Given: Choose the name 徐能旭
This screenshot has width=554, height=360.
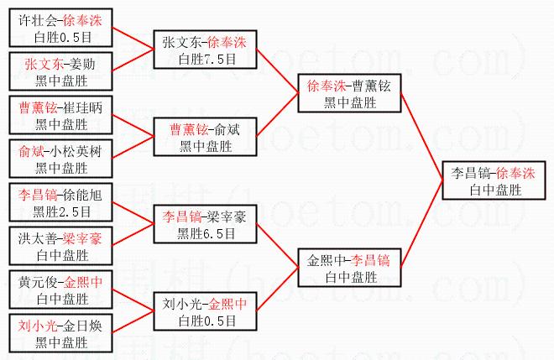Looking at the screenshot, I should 83,196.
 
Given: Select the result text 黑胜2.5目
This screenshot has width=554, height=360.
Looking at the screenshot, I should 61,211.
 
